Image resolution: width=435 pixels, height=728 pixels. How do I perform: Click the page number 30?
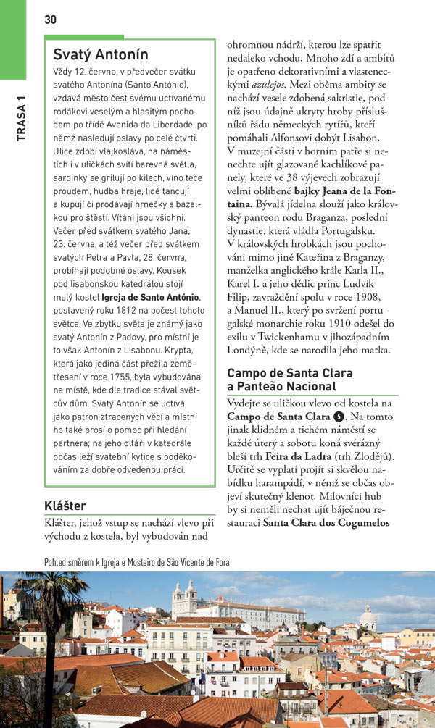(x=50, y=20)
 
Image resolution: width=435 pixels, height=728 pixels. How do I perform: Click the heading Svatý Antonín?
(x=100, y=54)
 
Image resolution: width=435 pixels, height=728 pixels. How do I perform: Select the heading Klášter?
(x=65, y=506)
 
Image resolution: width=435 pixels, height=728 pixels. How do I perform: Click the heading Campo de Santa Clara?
(x=290, y=373)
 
